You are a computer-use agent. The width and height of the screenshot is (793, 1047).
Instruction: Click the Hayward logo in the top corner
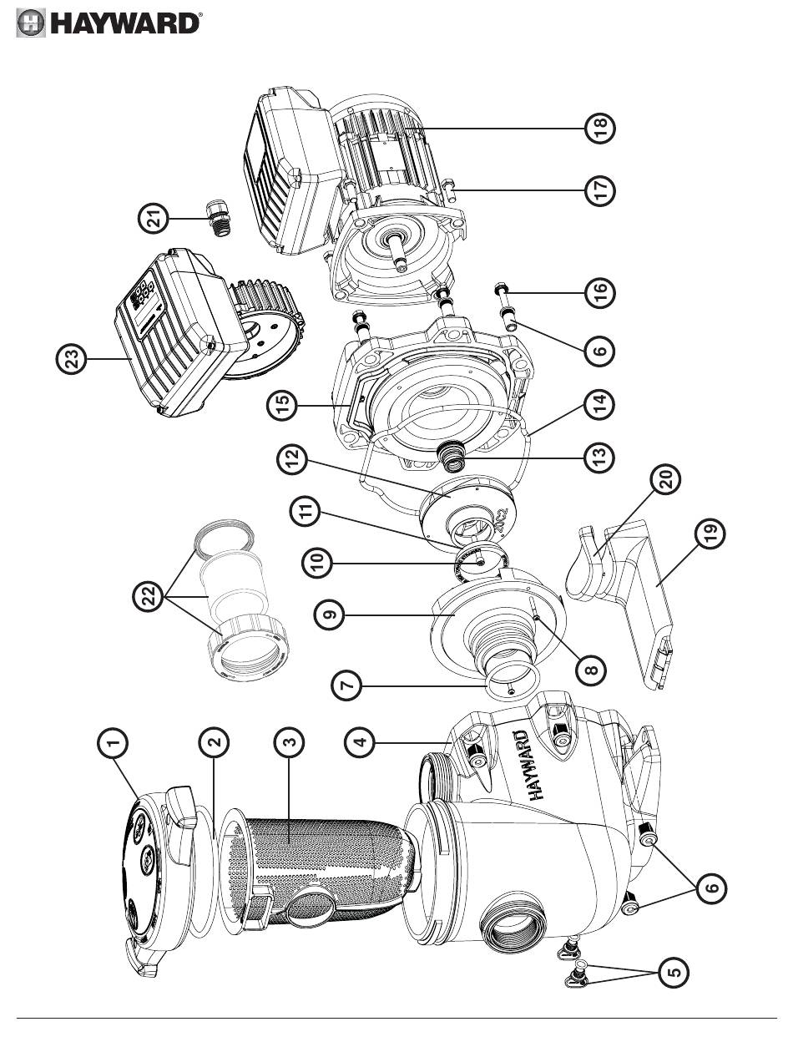(x=109, y=23)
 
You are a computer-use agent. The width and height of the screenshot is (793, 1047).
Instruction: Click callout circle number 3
(x=290, y=741)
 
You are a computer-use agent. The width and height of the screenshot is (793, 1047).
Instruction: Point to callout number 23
(x=72, y=359)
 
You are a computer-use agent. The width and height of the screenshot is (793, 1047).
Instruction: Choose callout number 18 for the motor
(x=599, y=128)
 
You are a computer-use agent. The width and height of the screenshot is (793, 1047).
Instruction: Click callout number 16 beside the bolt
(x=599, y=292)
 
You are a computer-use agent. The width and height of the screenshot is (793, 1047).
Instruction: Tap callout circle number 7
(x=348, y=686)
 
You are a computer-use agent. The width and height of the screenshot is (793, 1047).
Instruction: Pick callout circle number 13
(x=599, y=456)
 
